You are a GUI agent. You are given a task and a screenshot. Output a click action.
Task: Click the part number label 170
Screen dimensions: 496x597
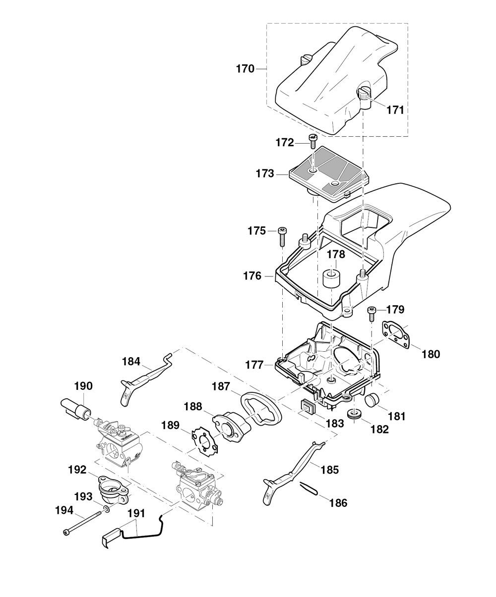246,69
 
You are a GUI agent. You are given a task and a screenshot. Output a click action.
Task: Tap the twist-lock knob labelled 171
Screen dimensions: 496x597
364,98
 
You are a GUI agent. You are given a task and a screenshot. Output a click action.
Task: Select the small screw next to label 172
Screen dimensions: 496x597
312,141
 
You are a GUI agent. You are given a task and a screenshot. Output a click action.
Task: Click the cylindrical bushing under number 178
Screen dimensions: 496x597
331,278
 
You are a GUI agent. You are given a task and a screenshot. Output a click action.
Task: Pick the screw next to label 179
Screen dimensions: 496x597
372,314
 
